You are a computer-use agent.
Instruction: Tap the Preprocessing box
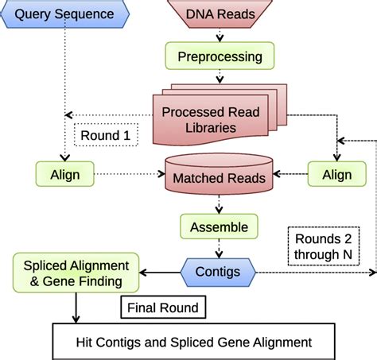tap(219, 56)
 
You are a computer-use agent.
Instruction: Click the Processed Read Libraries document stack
tap(213, 118)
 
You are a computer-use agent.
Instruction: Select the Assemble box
tap(219, 227)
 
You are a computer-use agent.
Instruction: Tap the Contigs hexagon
tap(219, 272)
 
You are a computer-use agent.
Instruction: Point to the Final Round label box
tap(165, 306)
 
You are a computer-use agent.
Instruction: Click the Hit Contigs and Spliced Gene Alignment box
tap(193, 343)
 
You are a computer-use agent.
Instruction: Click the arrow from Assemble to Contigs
tap(219, 249)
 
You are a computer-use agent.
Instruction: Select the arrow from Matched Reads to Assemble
tap(219, 204)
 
